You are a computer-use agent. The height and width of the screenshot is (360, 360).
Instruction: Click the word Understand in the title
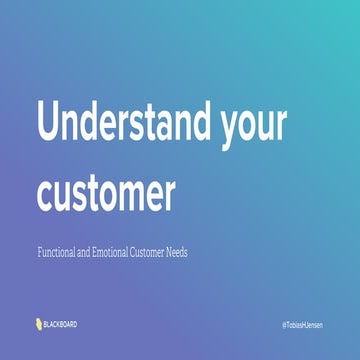[x=121, y=122]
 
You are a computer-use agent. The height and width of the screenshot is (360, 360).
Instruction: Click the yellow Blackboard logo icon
[x=37, y=324]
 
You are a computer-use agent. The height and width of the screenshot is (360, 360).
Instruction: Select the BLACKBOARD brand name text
[x=61, y=324]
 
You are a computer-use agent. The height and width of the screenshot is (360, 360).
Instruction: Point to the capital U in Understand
[x=50, y=122]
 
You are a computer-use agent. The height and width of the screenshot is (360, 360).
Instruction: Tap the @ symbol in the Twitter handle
[x=285, y=326]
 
